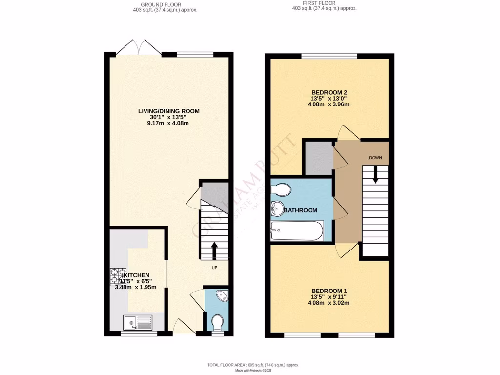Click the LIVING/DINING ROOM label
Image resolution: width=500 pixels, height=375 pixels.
point(168,111)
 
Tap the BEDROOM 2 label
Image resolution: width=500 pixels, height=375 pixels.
point(330,92)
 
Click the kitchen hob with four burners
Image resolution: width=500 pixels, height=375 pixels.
point(118,276)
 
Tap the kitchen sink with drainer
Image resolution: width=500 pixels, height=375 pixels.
point(137,322)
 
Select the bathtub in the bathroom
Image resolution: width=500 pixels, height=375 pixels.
point(296,230)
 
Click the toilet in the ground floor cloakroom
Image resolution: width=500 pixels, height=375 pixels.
point(218,322)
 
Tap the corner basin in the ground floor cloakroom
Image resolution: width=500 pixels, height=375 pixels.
point(221,296)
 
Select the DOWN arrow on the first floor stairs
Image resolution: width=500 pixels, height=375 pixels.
point(375,174)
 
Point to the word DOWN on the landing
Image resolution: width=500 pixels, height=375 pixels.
point(375,158)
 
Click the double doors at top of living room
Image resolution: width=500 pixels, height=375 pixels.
point(140,48)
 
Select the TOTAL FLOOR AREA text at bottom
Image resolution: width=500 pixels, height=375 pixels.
point(253,365)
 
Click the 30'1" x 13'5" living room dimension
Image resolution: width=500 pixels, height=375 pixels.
point(168,117)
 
